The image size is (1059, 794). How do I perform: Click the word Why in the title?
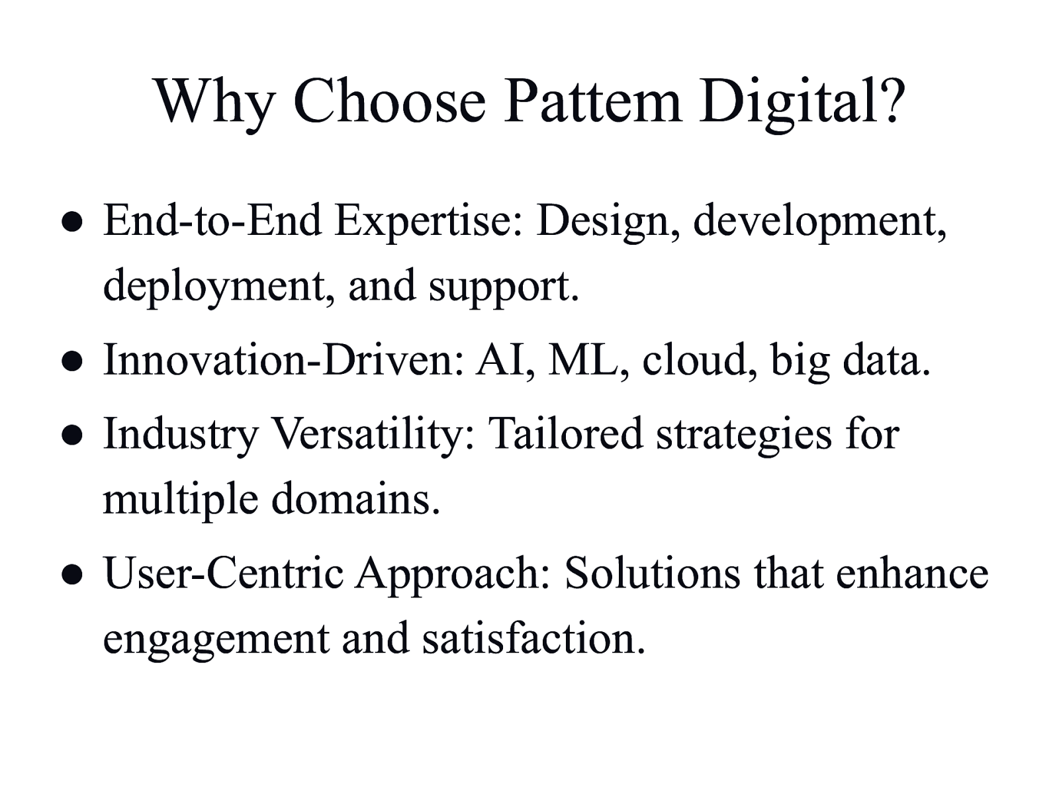[214, 103]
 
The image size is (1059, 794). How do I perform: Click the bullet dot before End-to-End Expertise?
[72, 222]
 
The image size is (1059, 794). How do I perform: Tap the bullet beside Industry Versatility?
[72, 435]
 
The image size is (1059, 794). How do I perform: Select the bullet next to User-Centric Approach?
[72, 575]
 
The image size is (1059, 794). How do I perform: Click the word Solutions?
[653, 573]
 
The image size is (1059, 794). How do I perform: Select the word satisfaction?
[533, 637]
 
